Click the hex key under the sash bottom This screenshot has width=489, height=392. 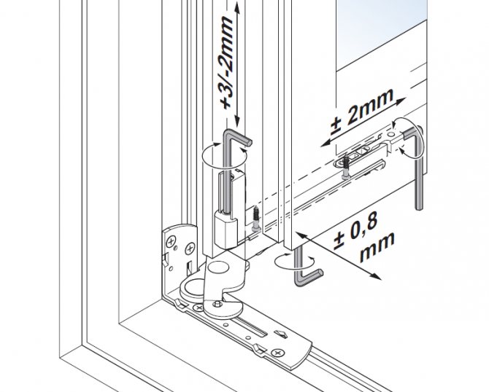305,270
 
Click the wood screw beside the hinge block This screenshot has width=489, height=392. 255,218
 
